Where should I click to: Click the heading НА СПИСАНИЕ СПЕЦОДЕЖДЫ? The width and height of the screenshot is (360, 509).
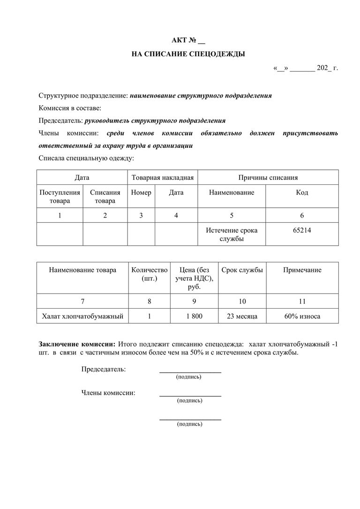[x=188, y=54]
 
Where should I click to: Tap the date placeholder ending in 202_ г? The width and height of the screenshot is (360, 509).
[x=305, y=68]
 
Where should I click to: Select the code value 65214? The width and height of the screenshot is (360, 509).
[x=301, y=231]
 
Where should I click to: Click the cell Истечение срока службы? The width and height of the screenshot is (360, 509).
[x=232, y=235]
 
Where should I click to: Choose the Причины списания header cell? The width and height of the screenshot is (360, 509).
[x=268, y=178]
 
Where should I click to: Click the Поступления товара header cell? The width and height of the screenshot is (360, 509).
[x=60, y=197]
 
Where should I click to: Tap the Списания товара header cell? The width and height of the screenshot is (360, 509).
[x=105, y=197]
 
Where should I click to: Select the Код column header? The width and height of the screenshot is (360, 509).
[x=302, y=192]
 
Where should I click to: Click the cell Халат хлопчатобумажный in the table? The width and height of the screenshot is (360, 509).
[x=82, y=317]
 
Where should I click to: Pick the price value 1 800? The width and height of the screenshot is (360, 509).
[x=194, y=317]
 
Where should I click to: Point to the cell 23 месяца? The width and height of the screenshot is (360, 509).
[x=242, y=317]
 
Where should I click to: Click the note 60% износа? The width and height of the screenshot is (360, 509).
[x=302, y=317]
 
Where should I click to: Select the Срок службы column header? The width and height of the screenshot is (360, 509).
[x=242, y=270]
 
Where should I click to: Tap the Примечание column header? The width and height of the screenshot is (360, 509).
[x=302, y=270]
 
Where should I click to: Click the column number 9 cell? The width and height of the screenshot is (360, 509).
[x=194, y=301]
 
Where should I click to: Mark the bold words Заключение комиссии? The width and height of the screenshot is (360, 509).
[x=77, y=344]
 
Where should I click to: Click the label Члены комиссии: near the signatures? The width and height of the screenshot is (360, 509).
[x=108, y=393]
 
